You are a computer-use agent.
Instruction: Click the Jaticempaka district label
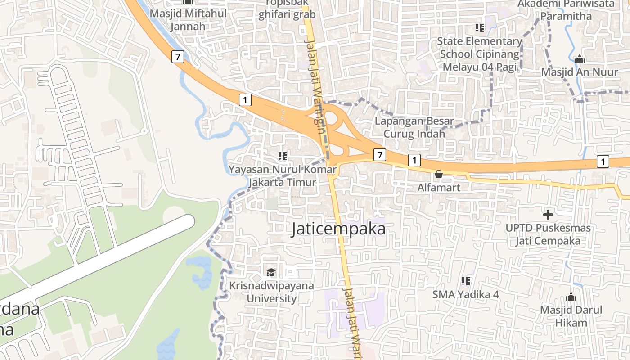click(338, 229)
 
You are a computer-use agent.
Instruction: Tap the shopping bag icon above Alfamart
click(439, 174)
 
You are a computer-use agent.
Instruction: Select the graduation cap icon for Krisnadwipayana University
click(271, 272)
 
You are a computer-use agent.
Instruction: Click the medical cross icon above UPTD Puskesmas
click(548, 215)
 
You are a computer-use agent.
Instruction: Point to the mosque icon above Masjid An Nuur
click(579, 59)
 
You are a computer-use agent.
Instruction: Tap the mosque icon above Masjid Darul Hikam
click(571, 297)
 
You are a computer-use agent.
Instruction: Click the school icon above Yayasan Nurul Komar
click(283, 156)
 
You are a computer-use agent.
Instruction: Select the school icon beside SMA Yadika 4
click(466, 281)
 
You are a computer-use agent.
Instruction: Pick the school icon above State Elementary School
click(480, 28)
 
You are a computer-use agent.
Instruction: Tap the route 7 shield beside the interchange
click(380, 155)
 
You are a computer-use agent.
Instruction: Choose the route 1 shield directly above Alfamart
click(414, 160)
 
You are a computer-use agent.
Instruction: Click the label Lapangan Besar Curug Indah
click(414, 127)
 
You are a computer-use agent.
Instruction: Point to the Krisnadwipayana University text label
click(272, 292)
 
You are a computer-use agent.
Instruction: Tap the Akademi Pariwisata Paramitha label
click(566, 10)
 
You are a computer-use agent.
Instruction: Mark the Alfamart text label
click(439, 187)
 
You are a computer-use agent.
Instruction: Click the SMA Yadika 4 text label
click(466, 294)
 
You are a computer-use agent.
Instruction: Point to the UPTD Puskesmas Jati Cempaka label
click(548, 234)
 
